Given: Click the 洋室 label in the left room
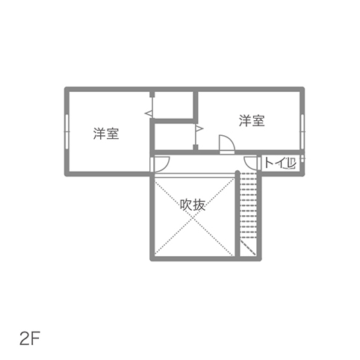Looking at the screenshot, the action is (106, 134).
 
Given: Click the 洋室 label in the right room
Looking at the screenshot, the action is (252, 120).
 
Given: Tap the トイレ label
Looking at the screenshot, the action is (280, 164).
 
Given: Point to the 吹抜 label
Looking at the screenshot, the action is (193, 205).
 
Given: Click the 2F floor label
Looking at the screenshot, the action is (30, 339).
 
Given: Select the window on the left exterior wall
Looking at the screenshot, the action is (66, 131).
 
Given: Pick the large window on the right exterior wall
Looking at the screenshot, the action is (302, 131).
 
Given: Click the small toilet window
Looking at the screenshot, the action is (302, 159).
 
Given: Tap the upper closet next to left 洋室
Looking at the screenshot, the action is (173, 105).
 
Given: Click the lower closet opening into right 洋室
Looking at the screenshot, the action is (174, 137).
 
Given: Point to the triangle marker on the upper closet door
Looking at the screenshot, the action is (149, 114).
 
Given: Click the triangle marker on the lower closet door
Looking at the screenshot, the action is (199, 128).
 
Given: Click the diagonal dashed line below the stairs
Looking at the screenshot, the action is (248, 247).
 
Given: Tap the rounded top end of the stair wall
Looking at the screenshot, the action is (238, 173).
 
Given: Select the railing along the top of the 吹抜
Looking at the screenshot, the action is (194, 175).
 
